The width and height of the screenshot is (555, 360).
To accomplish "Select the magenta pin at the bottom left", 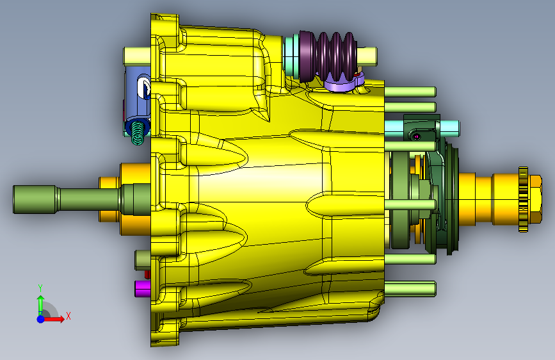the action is click(x=142, y=288).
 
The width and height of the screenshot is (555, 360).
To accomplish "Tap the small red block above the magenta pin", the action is click(x=147, y=274).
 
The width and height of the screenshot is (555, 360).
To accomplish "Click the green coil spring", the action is click(x=138, y=133).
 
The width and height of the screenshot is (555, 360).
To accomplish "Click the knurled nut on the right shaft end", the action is click(x=524, y=199).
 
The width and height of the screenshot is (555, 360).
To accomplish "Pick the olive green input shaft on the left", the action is click(x=81, y=199).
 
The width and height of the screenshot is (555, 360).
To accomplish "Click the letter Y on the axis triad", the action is click(x=40, y=288).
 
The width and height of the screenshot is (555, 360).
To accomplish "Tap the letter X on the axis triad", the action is click(x=68, y=316).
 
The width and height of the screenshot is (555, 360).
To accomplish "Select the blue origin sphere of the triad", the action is click(x=41, y=319).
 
